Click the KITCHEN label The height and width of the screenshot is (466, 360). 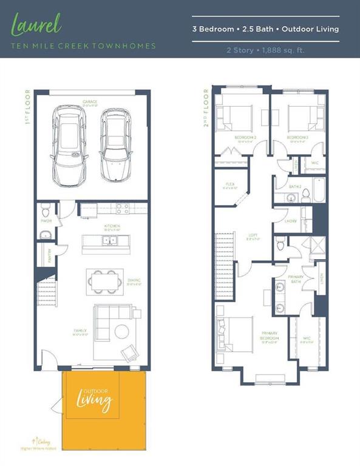(x=112, y=226)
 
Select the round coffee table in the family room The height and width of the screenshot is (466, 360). (x=121, y=331)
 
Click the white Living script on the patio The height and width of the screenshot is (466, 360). (x=93, y=402)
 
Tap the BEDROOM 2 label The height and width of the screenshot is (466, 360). (x=245, y=138)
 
